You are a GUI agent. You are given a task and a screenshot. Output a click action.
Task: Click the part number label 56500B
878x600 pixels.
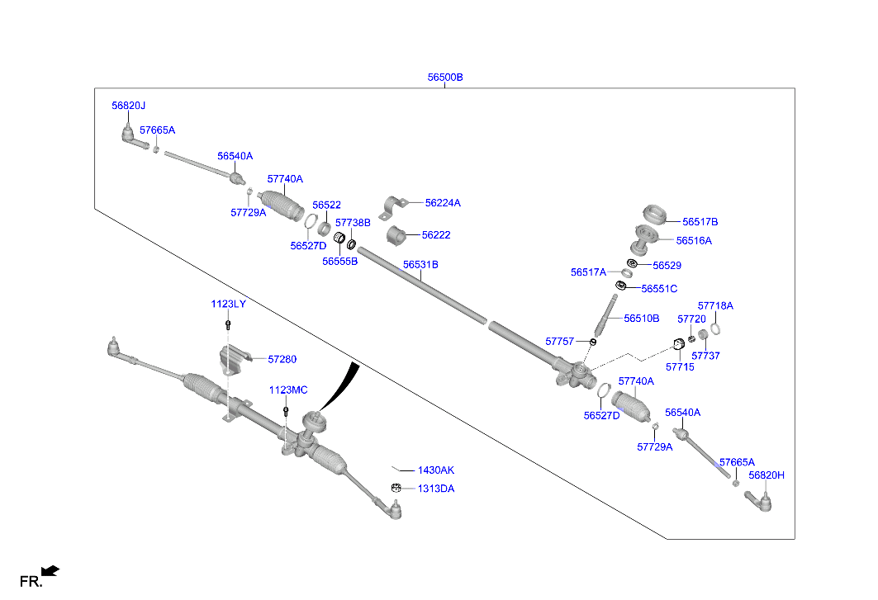tap(445, 78)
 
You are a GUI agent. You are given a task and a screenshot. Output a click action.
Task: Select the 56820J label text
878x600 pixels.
tap(128, 105)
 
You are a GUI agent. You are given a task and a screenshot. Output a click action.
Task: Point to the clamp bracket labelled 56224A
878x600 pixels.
tap(394, 208)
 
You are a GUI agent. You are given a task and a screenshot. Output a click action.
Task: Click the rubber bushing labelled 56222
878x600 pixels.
tap(396, 235)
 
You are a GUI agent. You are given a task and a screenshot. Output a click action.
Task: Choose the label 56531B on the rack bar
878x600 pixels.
tap(420, 264)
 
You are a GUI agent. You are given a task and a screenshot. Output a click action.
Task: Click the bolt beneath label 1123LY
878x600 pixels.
tap(228, 324)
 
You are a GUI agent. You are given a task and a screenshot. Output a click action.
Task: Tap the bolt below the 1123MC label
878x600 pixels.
tap(286, 411)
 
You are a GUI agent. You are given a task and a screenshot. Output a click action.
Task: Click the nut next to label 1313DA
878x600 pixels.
tap(396, 488)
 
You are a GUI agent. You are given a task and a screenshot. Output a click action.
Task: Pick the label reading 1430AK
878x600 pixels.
tap(435, 470)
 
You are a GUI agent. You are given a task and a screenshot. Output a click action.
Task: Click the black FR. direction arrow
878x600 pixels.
tap(50, 571)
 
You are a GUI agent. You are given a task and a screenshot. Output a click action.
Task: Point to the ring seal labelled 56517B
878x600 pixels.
tap(654, 215)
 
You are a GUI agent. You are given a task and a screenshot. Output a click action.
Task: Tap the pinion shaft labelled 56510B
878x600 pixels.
tap(606, 315)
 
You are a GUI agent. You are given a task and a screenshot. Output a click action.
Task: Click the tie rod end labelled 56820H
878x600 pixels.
tap(759, 500)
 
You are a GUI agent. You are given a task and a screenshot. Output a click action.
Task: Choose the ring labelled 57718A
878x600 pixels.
tap(715, 329)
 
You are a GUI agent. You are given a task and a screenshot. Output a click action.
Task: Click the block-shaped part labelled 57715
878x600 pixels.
tap(679, 343)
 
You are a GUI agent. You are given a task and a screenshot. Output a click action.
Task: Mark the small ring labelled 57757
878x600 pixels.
tap(593, 342)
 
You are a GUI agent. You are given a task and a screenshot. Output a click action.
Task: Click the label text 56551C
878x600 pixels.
tap(659, 288)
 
